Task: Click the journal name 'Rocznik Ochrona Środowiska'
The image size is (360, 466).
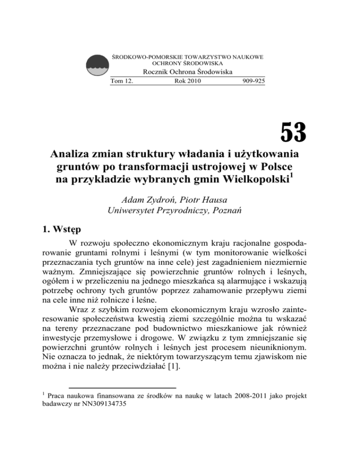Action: pos(187,72)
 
